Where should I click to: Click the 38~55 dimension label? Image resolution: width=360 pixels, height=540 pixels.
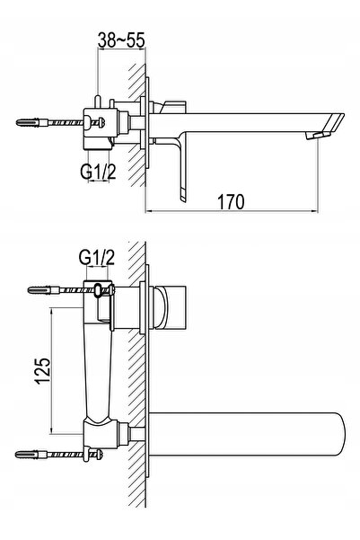tap(121, 40)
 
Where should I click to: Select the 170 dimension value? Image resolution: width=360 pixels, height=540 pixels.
tap(231, 201)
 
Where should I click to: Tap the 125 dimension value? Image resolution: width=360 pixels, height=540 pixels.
tap(43, 371)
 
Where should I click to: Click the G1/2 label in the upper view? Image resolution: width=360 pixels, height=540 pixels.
tap(98, 172)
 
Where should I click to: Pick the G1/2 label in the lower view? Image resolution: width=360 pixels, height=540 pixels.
tap(96, 257)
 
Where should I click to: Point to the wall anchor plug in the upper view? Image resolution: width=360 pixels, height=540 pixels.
tap(32, 122)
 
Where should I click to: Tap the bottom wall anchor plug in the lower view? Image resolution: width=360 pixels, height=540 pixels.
tap(31, 455)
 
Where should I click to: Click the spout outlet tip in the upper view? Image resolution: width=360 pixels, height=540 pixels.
tap(318, 136)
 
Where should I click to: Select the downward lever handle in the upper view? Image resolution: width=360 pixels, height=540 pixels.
tap(180, 169)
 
